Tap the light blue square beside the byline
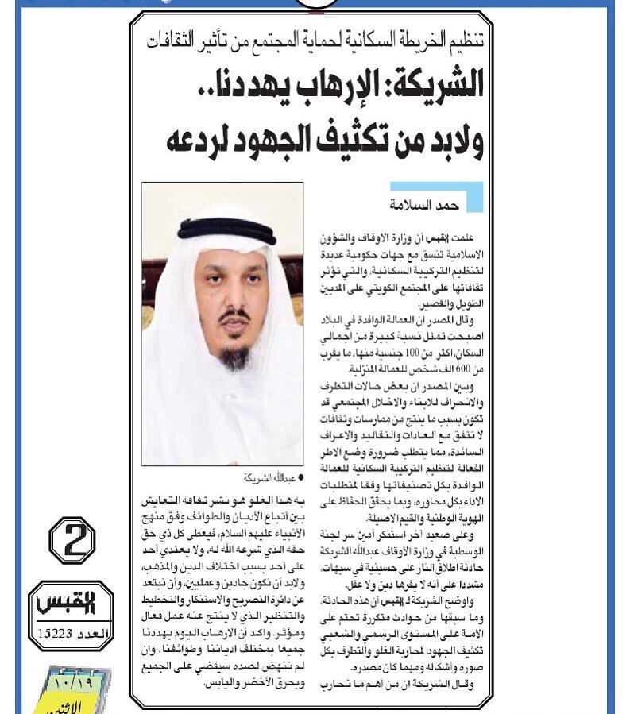pyautogui.click(x=474, y=197)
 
